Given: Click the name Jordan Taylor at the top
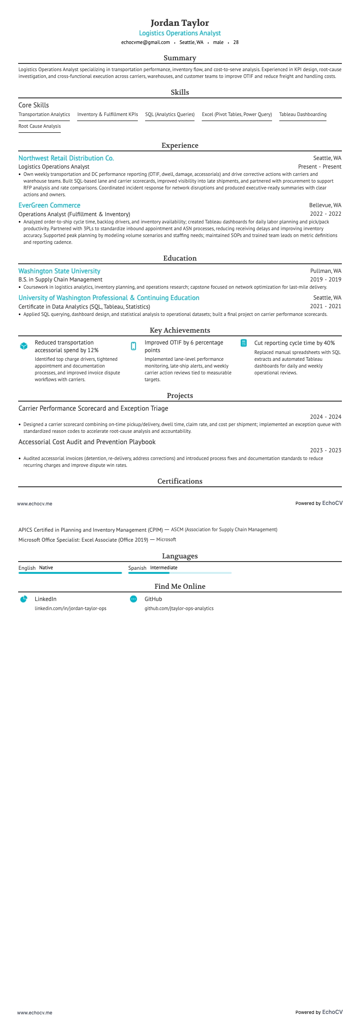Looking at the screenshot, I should coord(180,23).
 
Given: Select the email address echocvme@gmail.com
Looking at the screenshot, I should coord(146,43).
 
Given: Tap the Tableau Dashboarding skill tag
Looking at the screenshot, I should coord(302,115).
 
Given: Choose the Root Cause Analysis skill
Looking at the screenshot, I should coord(39,126).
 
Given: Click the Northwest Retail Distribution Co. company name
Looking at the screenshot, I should coord(66,158).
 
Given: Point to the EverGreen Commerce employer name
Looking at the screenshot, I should coord(49,205).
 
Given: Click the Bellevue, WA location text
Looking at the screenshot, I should coord(325,205).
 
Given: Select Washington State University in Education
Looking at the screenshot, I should coord(59,271).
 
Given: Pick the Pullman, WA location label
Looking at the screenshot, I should coord(326,271).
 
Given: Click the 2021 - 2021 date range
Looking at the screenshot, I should coord(326,306).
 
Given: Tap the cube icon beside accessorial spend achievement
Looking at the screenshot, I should coord(24,346).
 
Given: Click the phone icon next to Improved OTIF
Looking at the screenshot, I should coord(133,346).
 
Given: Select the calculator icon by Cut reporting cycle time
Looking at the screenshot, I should coord(243,343).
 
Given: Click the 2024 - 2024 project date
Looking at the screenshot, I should coord(326,417).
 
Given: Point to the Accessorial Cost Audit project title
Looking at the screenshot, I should coord(87,442).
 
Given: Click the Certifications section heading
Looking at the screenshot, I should coord(180,481).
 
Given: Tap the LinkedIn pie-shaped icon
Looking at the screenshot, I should coord(24,599).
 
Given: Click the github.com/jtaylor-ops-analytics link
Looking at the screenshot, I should coord(179,609).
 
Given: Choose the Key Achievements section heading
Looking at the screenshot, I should coord(180,330).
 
